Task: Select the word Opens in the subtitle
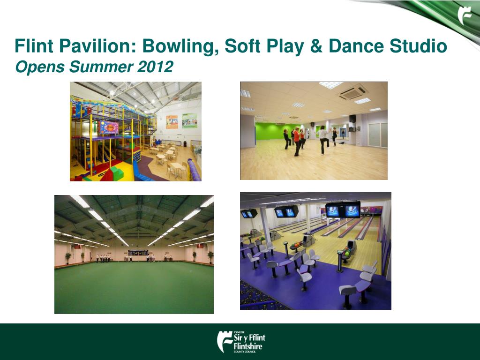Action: point(39,67)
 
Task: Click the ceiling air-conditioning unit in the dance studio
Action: point(353,92)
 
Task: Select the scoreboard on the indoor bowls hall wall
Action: point(138,253)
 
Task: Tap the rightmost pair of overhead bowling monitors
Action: point(343,210)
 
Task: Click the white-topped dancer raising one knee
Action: point(323,139)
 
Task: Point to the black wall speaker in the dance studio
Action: point(352,119)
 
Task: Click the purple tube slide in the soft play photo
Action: point(194,170)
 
